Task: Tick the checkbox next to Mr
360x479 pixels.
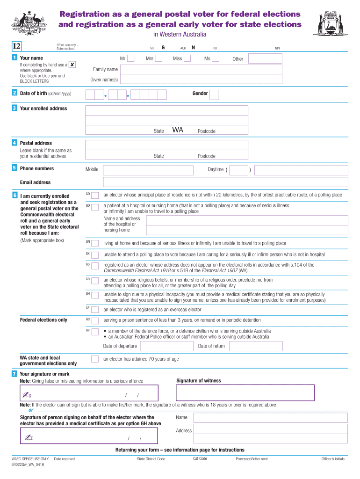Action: click(x=131, y=58)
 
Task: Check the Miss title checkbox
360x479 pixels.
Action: click(x=187, y=58)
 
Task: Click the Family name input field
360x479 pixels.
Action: click(x=202, y=70)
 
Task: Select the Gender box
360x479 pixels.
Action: click(x=214, y=95)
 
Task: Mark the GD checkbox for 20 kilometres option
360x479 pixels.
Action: click(x=95, y=196)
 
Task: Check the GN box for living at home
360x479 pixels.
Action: click(x=95, y=243)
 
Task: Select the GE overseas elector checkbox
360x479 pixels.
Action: click(x=95, y=310)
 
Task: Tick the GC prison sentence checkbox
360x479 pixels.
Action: click(x=95, y=321)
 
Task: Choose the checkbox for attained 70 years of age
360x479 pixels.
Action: click(x=95, y=359)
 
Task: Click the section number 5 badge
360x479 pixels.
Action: click(x=15, y=168)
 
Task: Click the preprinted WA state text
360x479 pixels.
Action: click(x=178, y=130)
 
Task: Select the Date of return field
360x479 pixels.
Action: click(x=255, y=346)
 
